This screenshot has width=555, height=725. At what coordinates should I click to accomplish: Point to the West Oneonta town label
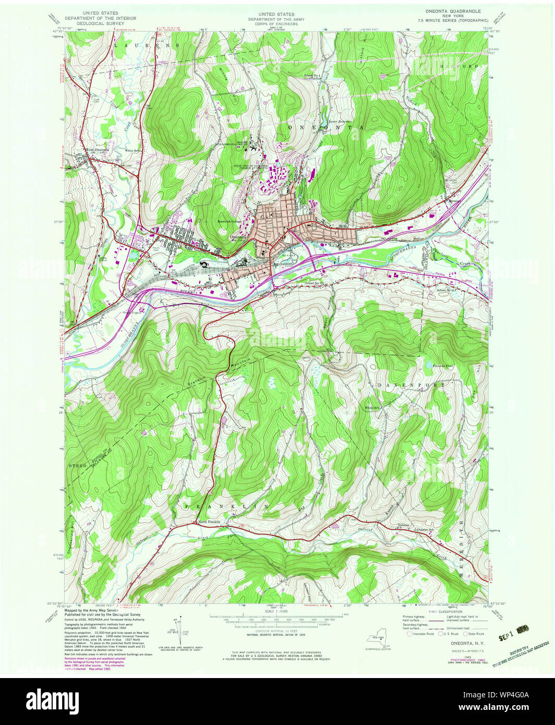pos(98,150)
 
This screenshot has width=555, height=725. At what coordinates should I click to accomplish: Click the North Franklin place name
pos(209,522)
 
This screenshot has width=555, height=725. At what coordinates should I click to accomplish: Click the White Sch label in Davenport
pos(371,408)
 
